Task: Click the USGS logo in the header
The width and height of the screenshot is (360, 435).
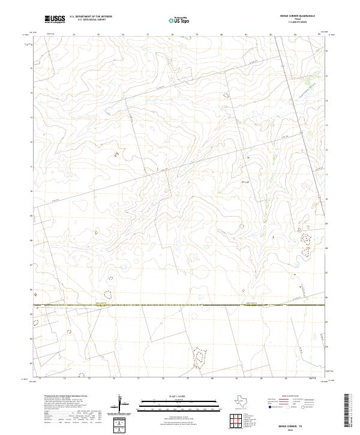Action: pos(55,19)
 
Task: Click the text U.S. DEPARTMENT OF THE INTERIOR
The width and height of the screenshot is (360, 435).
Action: pos(91,17)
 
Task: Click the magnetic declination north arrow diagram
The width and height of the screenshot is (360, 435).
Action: pos(122,405)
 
